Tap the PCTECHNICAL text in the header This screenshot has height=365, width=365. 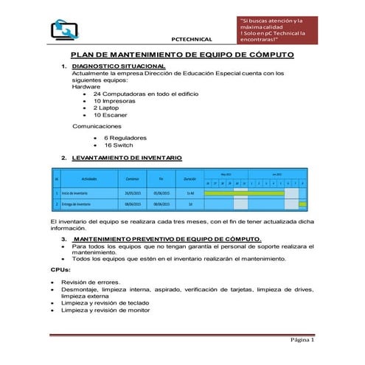(191, 39)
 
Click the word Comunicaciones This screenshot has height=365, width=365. (97, 126)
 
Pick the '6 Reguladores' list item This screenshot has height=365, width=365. (125, 137)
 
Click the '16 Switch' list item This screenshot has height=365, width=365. (118, 145)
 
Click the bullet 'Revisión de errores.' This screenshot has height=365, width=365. (92, 282)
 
